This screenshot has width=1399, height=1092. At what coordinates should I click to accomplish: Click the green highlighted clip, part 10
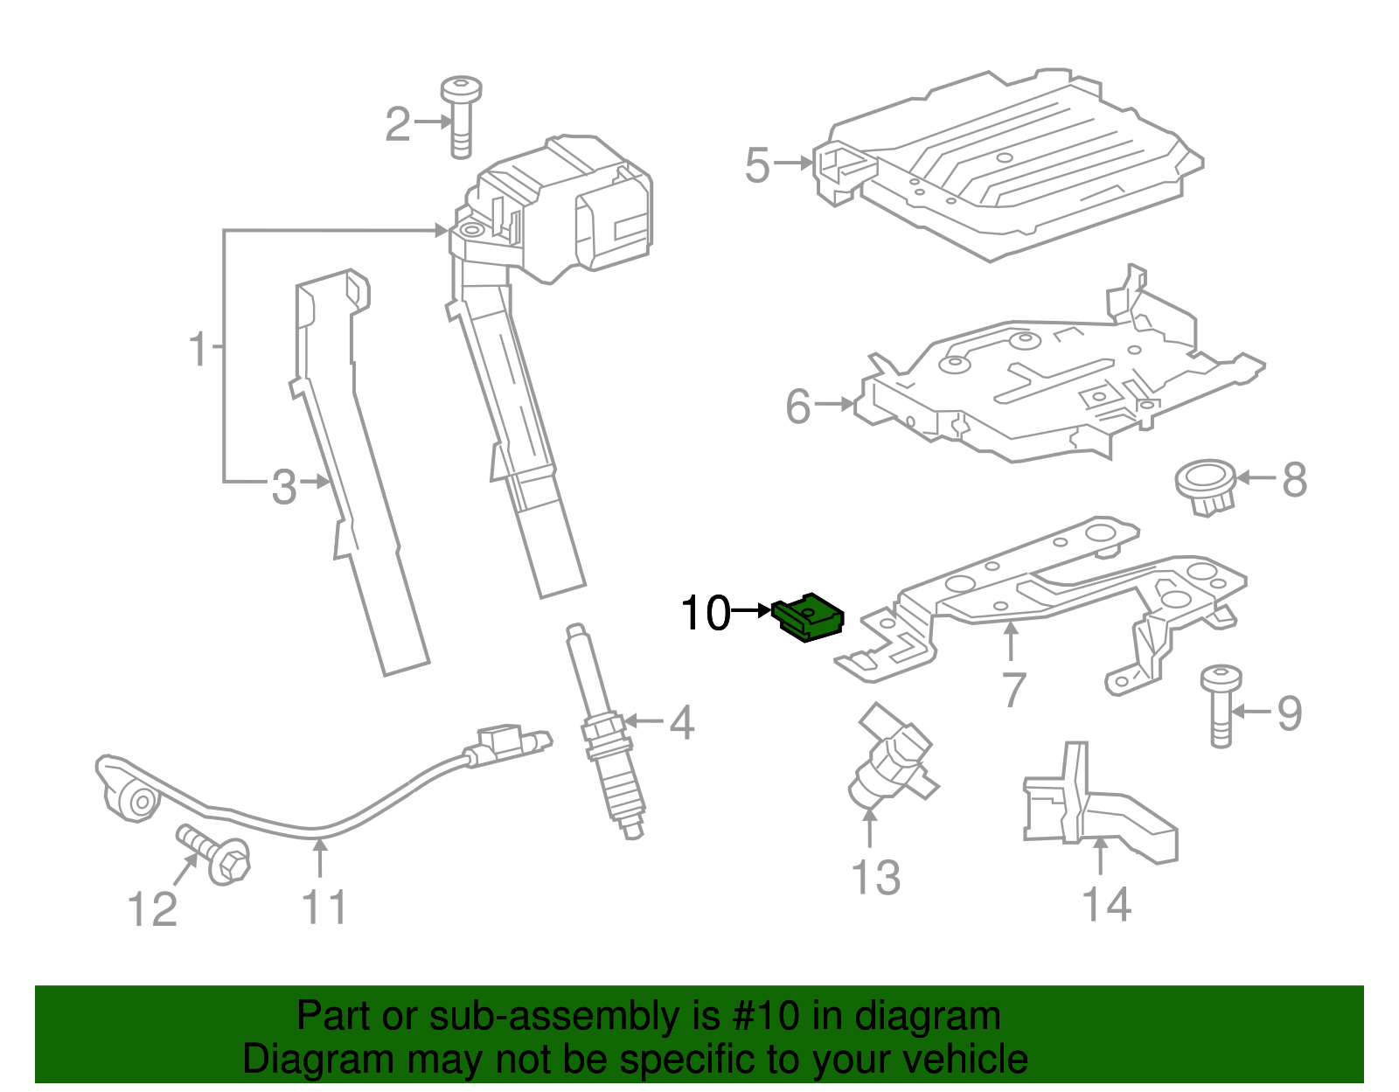810,618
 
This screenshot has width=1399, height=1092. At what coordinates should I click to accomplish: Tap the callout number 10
705,613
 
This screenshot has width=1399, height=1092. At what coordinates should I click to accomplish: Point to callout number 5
757,164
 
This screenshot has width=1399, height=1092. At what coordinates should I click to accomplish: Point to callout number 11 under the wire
324,908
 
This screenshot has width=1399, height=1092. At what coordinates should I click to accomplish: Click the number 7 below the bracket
1013,691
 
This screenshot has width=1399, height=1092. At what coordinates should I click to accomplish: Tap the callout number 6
798,407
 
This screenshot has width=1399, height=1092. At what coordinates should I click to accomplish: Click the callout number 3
284,486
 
